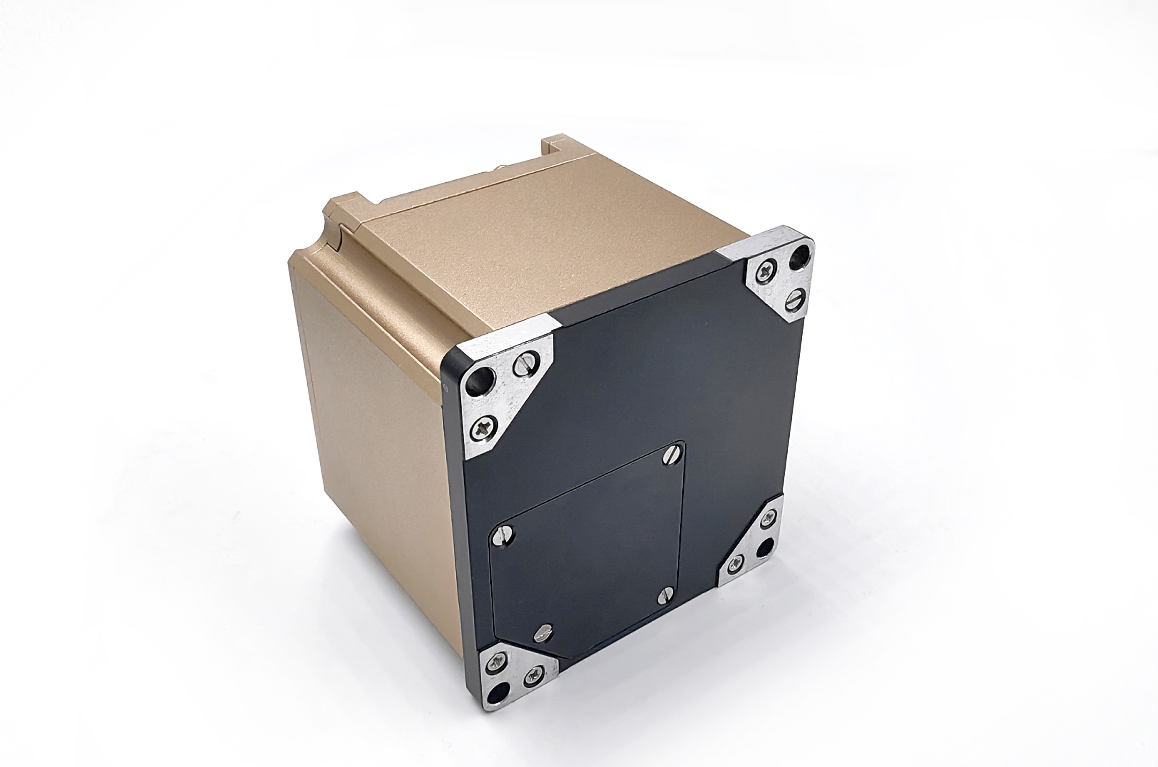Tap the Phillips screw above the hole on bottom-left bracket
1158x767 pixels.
pos(497,664)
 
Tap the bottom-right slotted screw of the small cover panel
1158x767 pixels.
pos(663,595)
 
